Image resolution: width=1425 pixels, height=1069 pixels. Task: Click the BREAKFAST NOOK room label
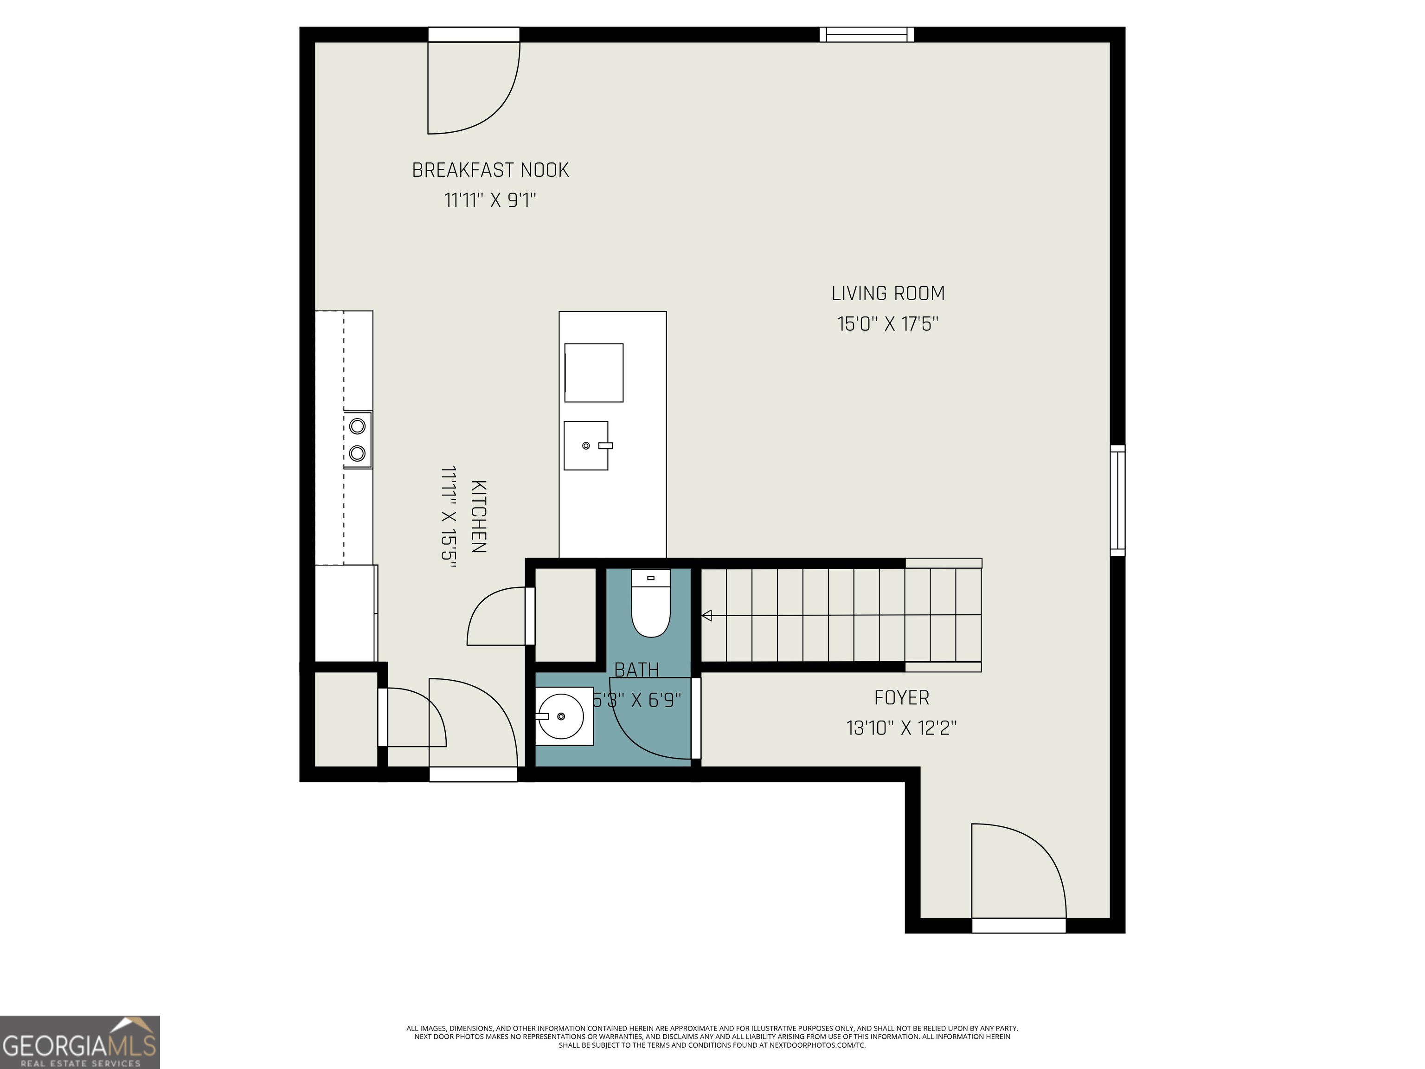[x=490, y=170]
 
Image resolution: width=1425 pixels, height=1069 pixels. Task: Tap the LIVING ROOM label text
[x=888, y=293]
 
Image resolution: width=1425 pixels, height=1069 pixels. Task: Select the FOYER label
[x=901, y=697]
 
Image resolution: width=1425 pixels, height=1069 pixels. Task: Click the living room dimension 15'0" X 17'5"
[x=888, y=323]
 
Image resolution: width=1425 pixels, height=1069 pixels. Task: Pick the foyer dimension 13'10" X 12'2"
[x=901, y=728]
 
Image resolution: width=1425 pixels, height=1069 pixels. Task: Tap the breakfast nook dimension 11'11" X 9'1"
[x=490, y=200]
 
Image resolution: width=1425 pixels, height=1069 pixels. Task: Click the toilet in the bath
[x=651, y=603]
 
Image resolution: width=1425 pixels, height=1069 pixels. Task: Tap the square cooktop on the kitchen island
[x=594, y=373]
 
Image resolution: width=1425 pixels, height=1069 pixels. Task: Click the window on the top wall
[x=867, y=35]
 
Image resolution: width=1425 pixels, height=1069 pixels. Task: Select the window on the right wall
[x=1118, y=500]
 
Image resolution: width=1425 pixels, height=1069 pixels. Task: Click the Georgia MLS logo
[x=80, y=1042]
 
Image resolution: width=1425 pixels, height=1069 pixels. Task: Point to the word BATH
[x=636, y=670]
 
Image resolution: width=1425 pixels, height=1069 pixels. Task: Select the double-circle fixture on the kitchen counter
[x=358, y=439]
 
